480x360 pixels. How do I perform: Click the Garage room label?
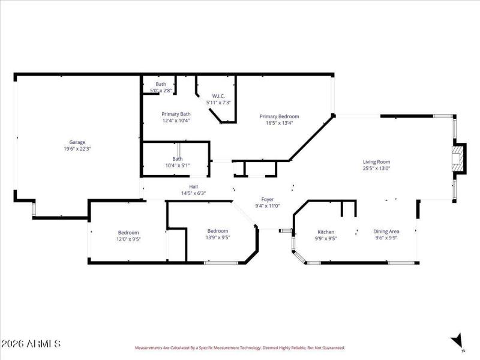click(x=77, y=142)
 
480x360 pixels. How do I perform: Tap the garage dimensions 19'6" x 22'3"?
click(x=77, y=149)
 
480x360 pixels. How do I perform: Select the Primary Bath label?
click(x=176, y=114)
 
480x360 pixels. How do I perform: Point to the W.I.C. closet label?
click(x=218, y=96)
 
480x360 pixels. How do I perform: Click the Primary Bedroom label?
click(x=279, y=116)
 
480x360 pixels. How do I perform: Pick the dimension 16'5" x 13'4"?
click(x=279, y=123)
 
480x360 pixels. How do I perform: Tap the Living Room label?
click(x=376, y=161)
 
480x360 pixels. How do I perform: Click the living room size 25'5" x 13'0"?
click(x=376, y=169)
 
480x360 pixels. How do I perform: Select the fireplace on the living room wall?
click(x=458, y=159)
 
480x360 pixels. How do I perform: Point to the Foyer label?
click(x=267, y=199)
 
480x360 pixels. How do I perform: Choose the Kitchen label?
click(x=326, y=232)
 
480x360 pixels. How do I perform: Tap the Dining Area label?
click(x=386, y=232)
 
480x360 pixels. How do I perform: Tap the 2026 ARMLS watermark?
click(x=31, y=344)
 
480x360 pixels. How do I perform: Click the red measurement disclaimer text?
click(x=239, y=347)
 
